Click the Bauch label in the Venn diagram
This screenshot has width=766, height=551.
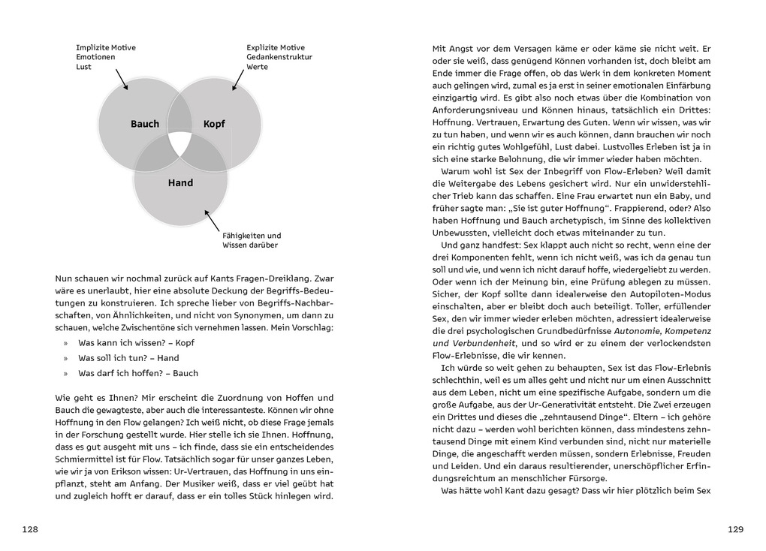click(145, 124)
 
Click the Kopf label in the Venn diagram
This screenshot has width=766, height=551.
click(214, 124)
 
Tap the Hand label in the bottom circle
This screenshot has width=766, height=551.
click(180, 182)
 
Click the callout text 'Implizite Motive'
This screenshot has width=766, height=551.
click(106, 47)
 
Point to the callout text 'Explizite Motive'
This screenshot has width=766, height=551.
click(276, 47)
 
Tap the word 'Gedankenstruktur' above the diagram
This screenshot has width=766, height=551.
click(279, 57)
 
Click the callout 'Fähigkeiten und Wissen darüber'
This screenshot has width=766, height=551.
click(251, 239)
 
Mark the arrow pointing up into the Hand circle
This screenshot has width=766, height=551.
click(213, 220)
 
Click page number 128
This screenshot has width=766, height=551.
click(30, 529)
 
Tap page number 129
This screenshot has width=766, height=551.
click(735, 529)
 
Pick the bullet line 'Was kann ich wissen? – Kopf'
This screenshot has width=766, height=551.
click(131, 343)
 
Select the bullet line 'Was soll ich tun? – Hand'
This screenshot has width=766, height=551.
click(128, 358)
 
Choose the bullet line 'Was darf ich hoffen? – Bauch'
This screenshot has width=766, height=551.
click(138, 373)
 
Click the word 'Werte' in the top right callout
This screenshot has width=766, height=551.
click(258, 67)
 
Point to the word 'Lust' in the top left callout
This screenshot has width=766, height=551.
click(84, 67)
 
